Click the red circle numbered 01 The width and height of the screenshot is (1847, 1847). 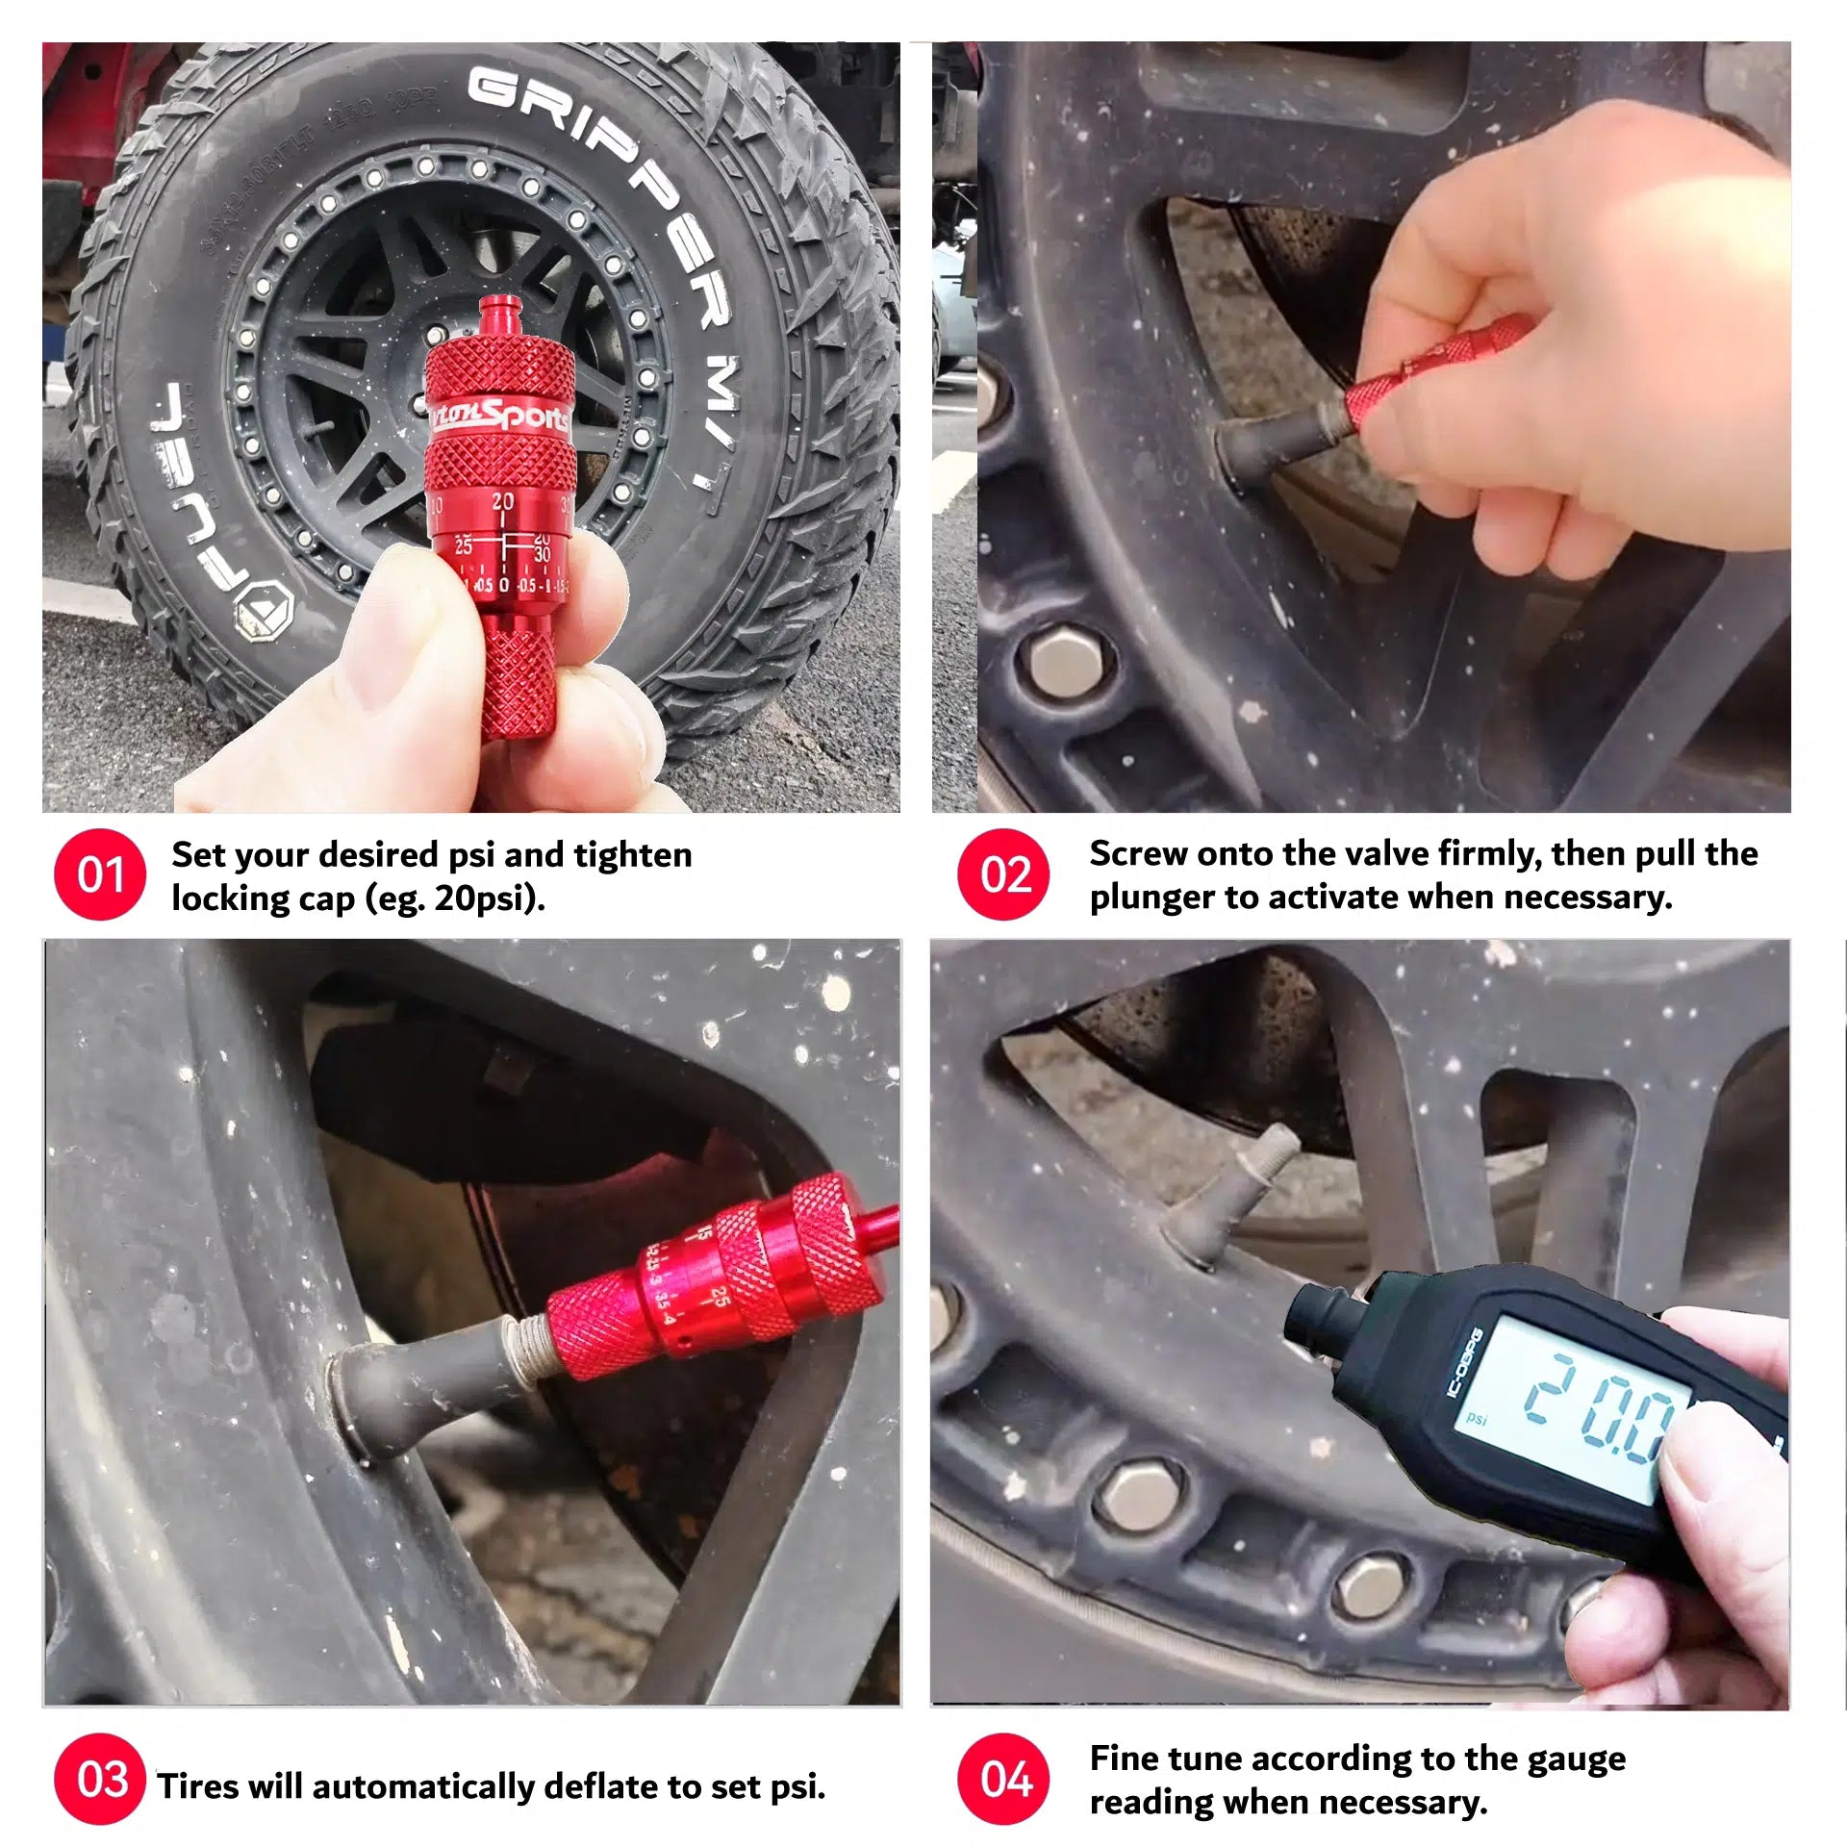click(x=100, y=874)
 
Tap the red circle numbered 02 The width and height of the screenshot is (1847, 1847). click(x=1003, y=874)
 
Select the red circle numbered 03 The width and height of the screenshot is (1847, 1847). click(x=100, y=1779)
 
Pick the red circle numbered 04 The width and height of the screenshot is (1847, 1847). click(x=1003, y=1779)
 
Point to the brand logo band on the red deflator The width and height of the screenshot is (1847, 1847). click(x=500, y=416)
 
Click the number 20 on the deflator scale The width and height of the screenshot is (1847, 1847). click(x=503, y=501)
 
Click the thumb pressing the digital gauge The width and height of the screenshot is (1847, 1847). click(x=1722, y=1481)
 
